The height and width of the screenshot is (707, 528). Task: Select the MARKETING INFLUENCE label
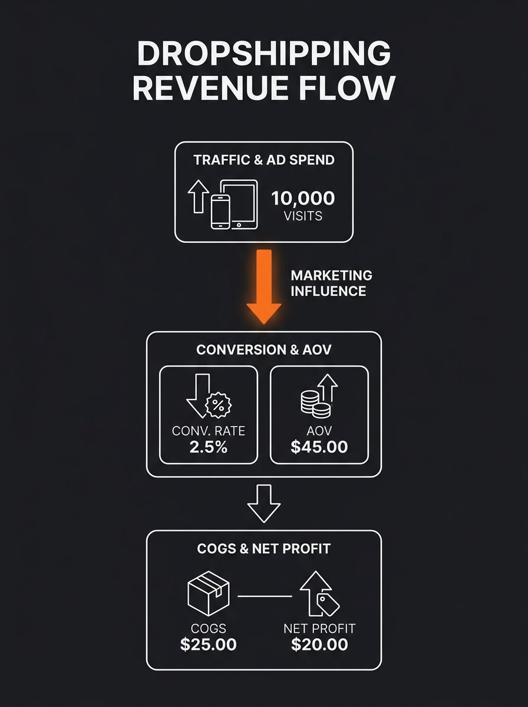tap(331, 283)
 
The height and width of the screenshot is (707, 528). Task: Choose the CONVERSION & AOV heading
tap(263, 349)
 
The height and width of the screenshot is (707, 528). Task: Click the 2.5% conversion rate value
tap(208, 447)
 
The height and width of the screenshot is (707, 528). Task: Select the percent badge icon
tap(218, 405)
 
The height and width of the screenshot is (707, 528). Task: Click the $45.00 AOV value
tap(319, 447)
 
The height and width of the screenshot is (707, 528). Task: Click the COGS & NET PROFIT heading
tap(263, 549)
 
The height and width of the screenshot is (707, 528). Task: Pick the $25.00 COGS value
tap(208, 645)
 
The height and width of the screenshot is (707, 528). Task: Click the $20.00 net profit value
tap(319, 645)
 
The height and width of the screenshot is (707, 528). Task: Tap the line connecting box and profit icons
tap(264, 596)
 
